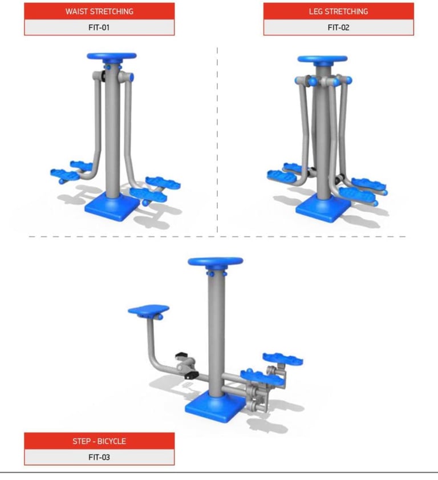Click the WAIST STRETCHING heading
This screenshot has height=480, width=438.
click(99, 11)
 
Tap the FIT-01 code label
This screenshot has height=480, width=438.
click(99, 27)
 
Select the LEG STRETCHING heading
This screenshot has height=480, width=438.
click(338, 11)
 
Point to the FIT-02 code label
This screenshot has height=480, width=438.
click(338, 27)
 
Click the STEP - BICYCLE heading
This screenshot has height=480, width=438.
click(99, 441)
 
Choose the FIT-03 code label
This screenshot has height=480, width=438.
click(99, 457)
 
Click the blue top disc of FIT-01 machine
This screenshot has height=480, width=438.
click(112, 57)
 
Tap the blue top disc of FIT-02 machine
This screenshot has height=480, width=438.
click(322, 59)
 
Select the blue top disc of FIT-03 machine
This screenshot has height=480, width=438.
click(216, 261)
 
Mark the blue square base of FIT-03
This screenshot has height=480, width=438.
click(216, 407)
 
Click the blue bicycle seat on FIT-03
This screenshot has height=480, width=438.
click(149, 310)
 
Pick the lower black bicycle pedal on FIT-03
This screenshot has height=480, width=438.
click(192, 376)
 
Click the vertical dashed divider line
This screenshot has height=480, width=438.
click(217, 140)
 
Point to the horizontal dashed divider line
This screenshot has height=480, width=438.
click(217, 237)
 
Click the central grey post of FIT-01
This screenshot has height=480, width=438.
click(112, 128)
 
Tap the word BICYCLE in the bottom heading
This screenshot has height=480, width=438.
click(111, 441)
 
